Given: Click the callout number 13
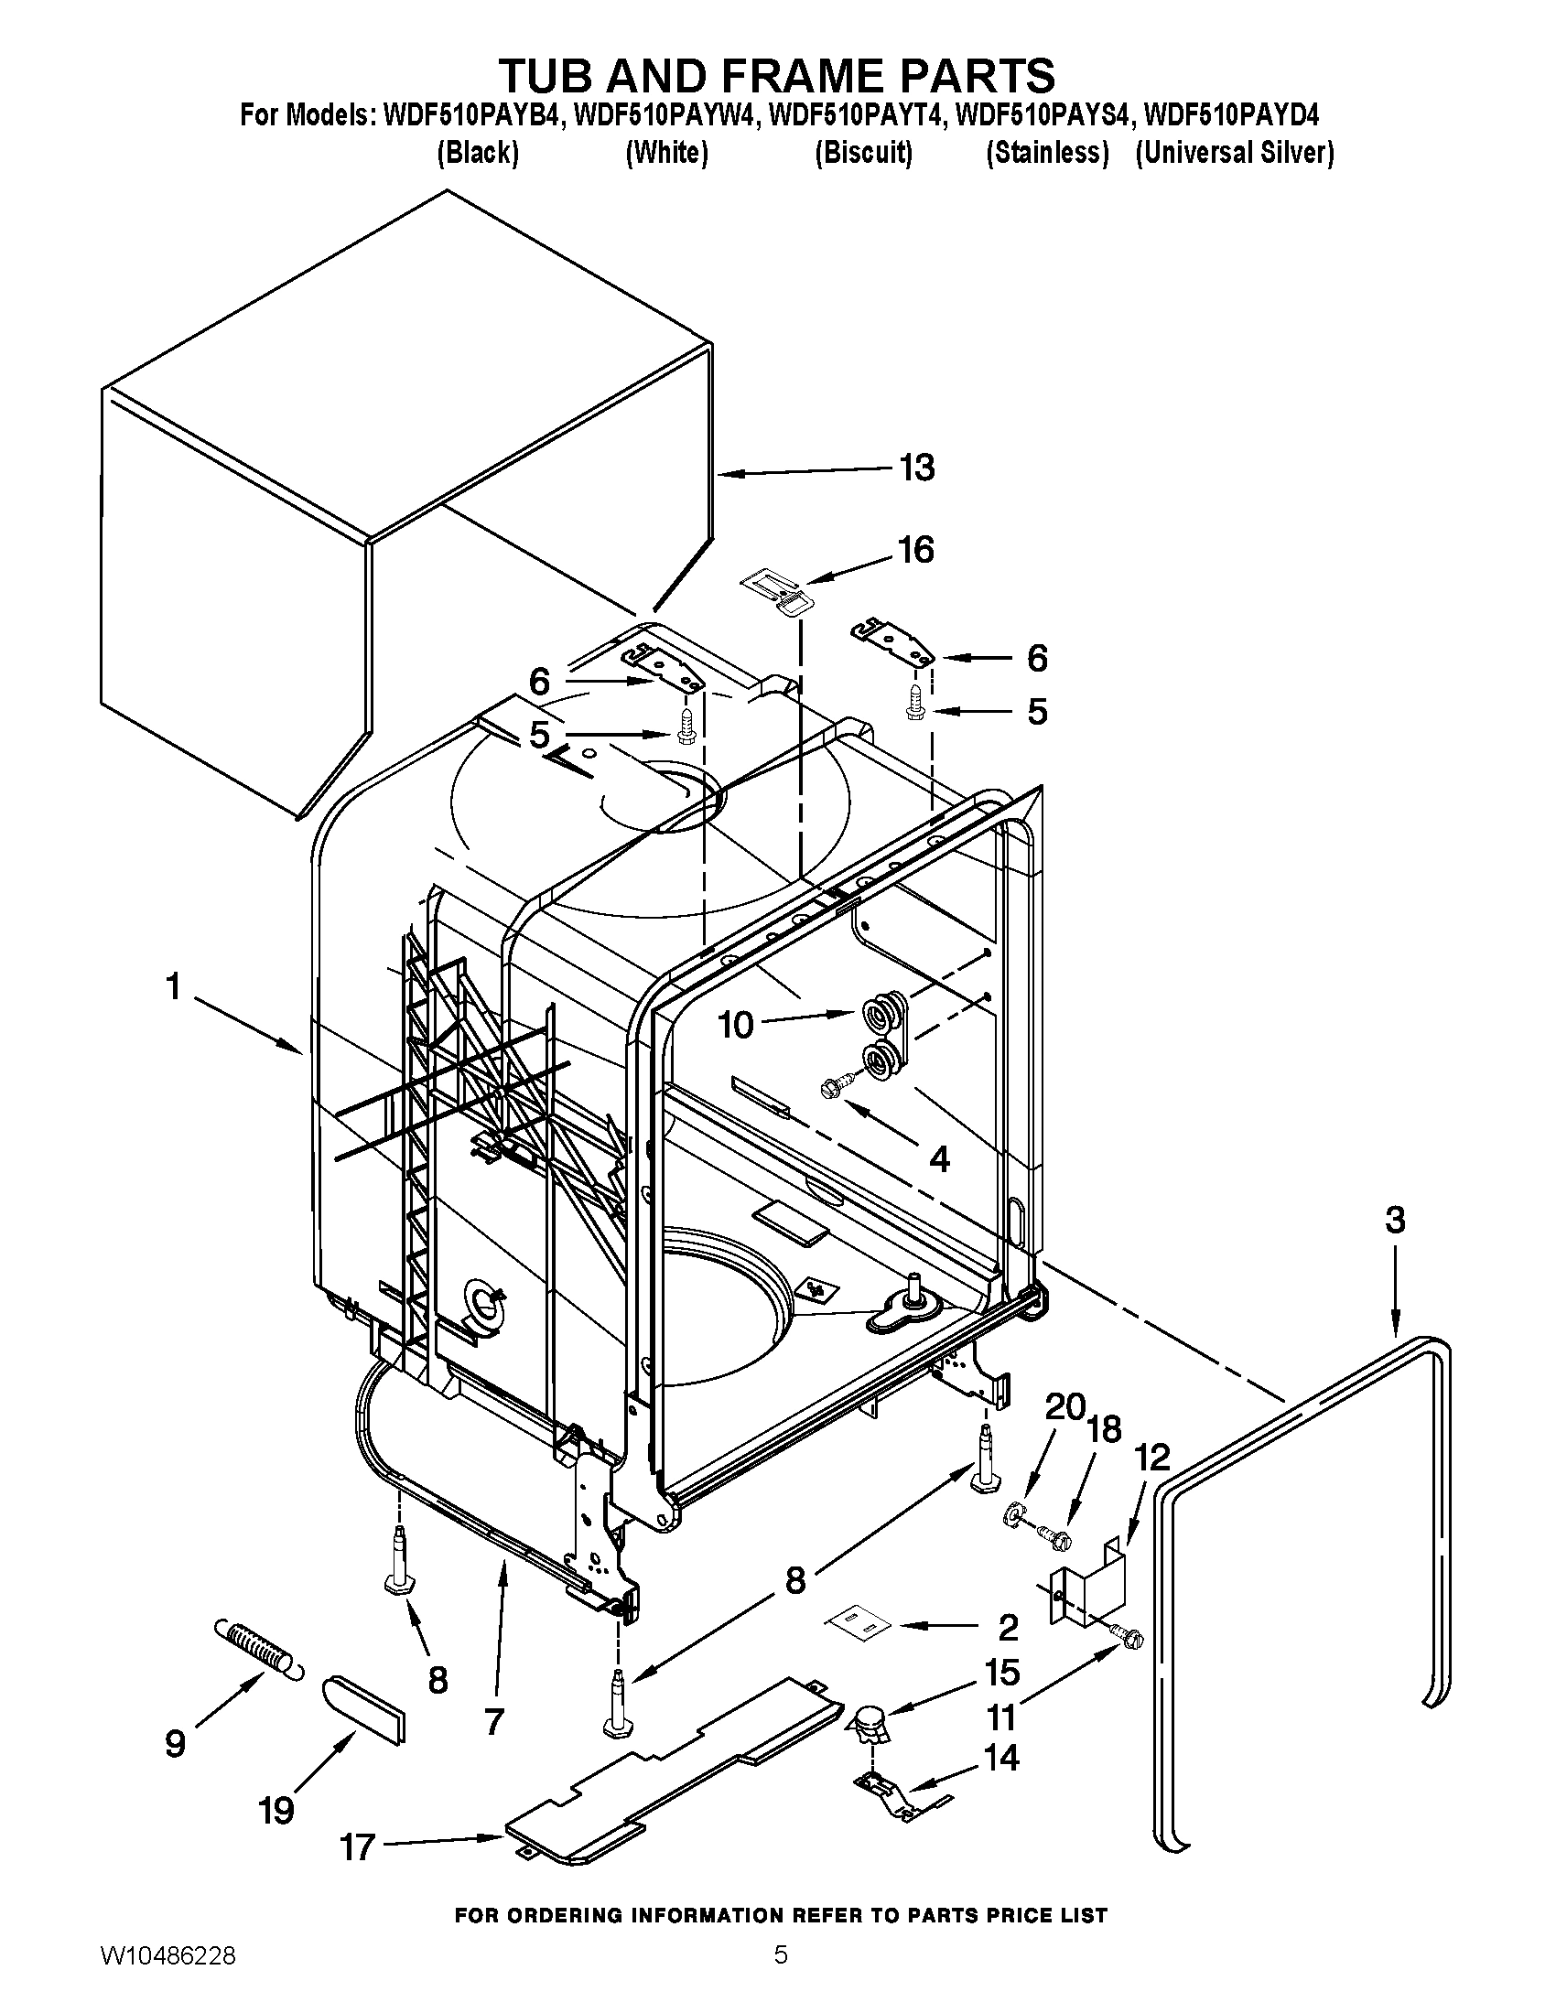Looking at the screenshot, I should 917,468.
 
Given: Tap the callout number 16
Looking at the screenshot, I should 916,550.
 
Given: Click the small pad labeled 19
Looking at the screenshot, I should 364,1710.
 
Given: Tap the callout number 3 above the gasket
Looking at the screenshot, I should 1395,1221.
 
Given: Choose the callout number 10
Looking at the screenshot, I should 736,1025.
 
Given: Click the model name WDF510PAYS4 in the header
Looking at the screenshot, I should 1042,117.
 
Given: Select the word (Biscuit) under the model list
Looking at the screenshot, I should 863,153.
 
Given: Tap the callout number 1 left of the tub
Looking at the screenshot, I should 172,988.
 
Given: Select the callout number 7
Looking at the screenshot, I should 494,1720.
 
